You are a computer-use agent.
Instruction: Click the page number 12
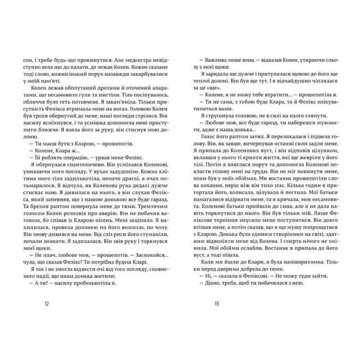(46, 303)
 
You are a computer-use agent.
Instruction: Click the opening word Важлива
(217, 58)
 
